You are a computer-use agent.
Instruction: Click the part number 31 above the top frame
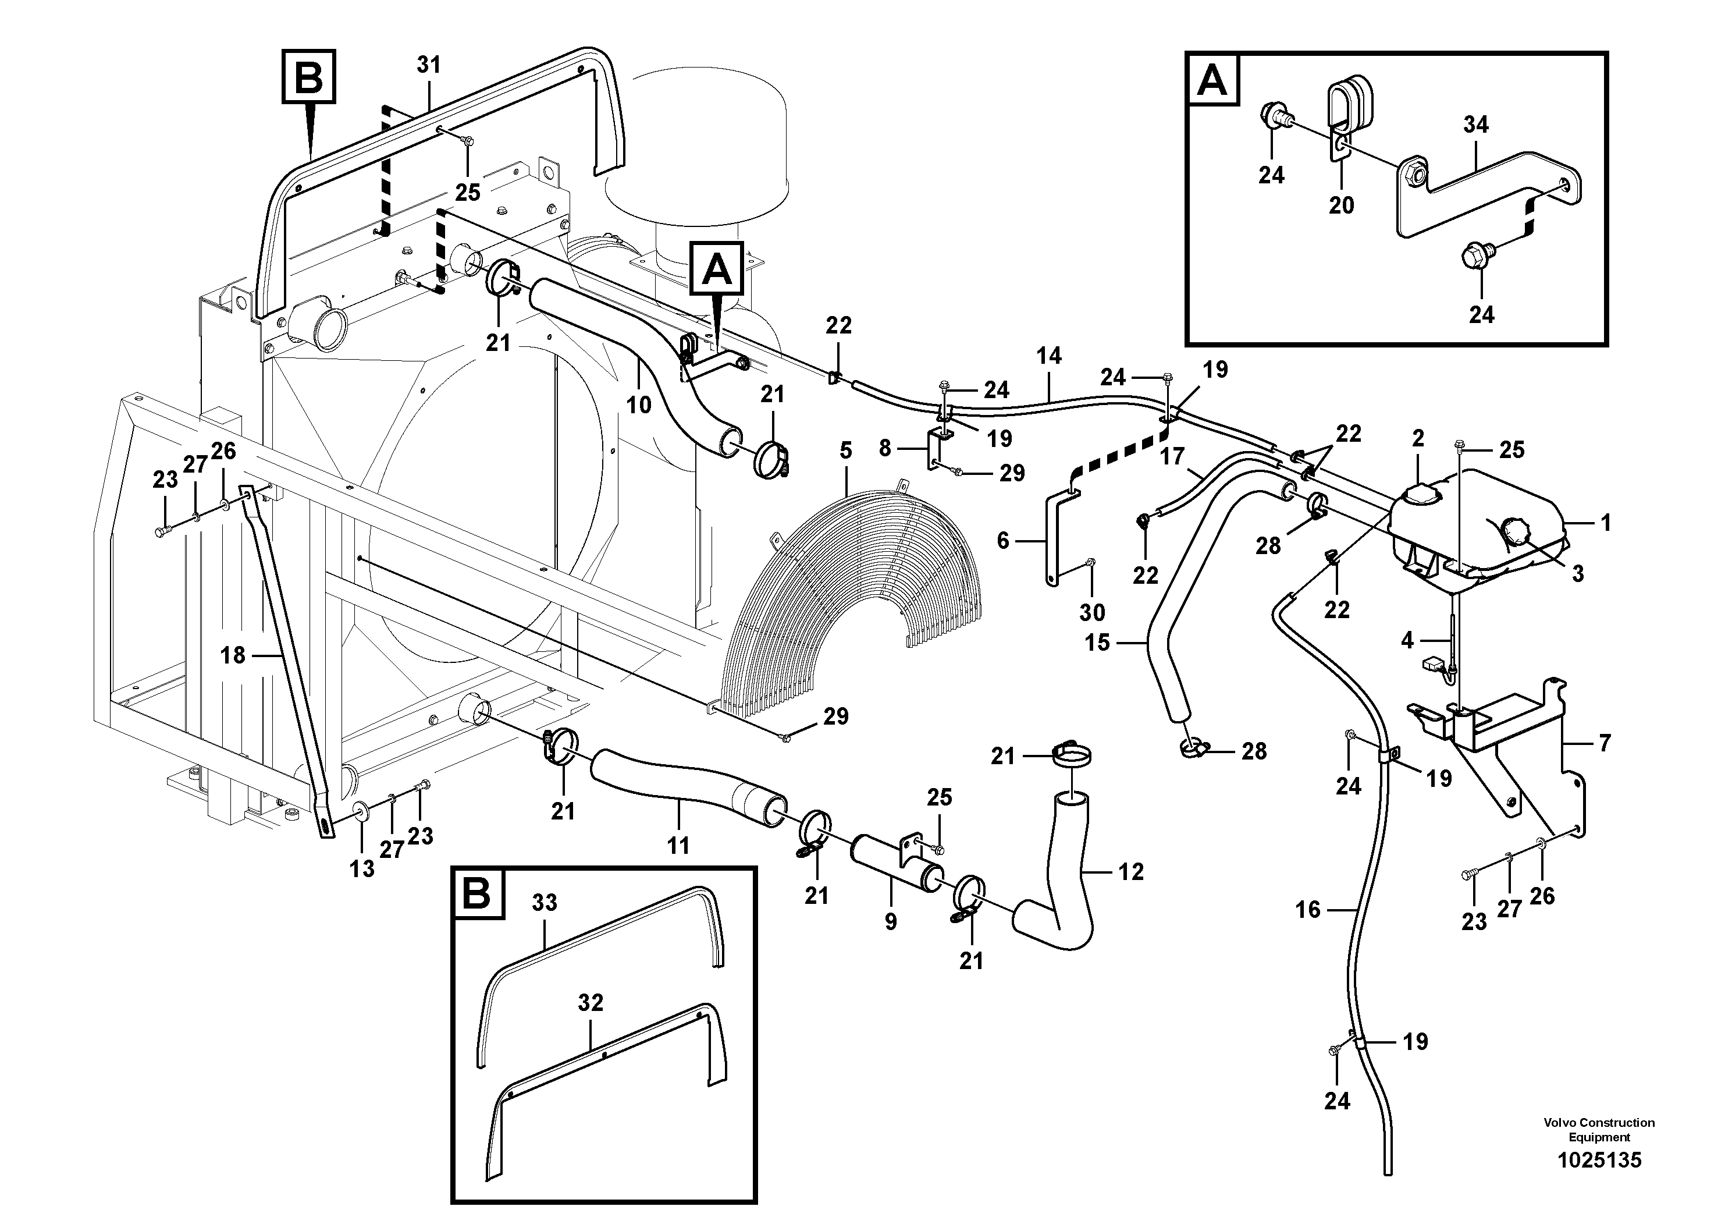pos(428,66)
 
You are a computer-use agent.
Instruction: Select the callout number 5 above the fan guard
pos(845,450)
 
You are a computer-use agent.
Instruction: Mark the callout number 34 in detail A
pos(1475,125)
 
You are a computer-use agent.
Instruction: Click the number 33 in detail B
pos(544,903)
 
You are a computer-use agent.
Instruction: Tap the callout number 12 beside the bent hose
pos(1131,872)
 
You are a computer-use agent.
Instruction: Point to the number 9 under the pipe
pos(891,921)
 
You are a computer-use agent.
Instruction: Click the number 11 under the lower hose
pos(678,846)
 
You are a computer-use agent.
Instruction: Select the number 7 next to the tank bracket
pos(1605,743)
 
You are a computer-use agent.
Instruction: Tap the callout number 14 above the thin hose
pos(1048,356)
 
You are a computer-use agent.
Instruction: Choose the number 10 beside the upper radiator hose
pos(638,405)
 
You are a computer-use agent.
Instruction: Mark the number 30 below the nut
pos(1091,612)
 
